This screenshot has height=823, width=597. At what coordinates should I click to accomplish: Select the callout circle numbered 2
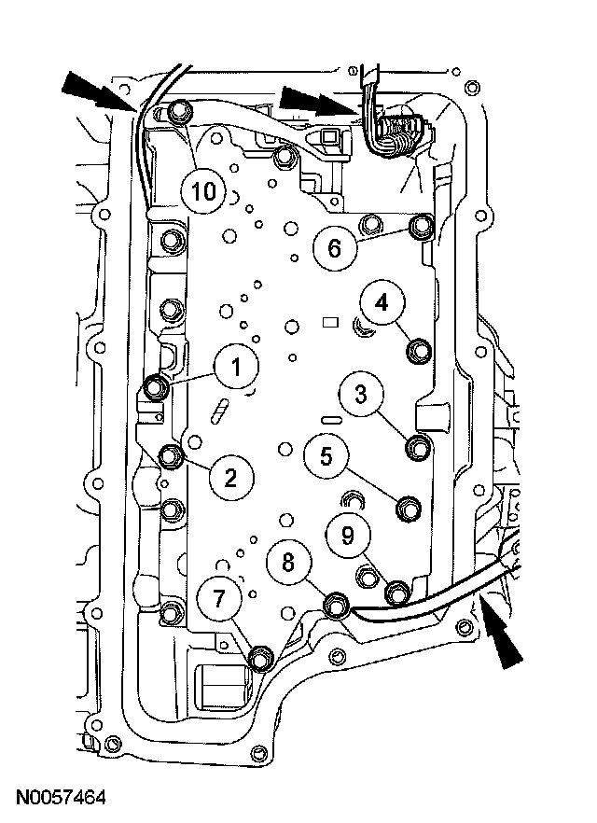click(x=230, y=477)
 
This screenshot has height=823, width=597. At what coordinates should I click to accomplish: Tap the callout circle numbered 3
click(x=360, y=396)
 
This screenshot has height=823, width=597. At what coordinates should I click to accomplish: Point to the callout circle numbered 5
click(x=326, y=456)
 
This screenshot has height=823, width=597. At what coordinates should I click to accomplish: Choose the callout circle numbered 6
click(x=334, y=247)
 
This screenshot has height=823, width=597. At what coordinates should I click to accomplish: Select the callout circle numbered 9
click(x=347, y=535)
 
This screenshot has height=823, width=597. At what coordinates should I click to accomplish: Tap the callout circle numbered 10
click(x=204, y=192)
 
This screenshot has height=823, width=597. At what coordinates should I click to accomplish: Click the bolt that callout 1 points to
click(x=158, y=386)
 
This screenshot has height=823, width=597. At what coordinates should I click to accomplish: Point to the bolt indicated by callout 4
click(x=420, y=351)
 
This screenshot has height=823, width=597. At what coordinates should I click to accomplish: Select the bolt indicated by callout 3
click(x=418, y=447)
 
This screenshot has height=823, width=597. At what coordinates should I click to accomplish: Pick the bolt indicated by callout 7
click(x=261, y=659)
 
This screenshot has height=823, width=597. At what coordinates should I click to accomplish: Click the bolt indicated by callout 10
click(x=180, y=114)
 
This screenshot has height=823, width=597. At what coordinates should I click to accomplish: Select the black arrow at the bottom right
click(x=499, y=638)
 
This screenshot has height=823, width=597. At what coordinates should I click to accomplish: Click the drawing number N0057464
click(x=61, y=798)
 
